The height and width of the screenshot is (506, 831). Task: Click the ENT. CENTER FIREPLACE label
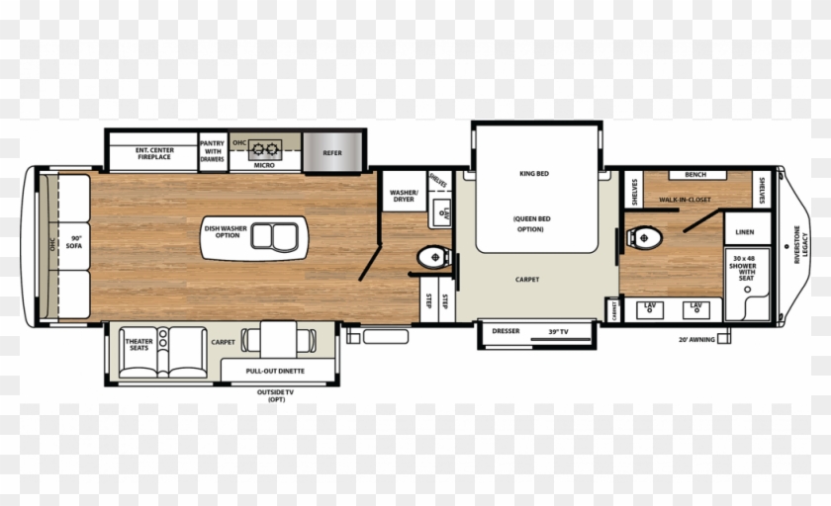[x=153, y=153]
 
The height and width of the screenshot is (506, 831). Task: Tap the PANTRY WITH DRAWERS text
[x=213, y=150]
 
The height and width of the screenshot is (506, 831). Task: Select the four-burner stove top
[x=264, y=150]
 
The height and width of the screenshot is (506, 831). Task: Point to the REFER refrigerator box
[x=332, y=153]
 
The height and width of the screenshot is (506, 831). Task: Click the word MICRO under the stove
[x=264, y=165]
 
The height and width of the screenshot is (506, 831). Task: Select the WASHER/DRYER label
[x=403, y=196]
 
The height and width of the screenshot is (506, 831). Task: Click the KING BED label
[x=533, y=174]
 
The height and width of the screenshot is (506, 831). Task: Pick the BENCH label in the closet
[x=695, y=175]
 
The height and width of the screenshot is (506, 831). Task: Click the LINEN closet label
[x=746, y=231]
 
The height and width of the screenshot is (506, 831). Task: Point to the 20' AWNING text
[x=695, y=339]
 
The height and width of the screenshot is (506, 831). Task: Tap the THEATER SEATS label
[x=138, y=343]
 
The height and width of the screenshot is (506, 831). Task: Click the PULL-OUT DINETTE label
[x=276, y=372]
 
